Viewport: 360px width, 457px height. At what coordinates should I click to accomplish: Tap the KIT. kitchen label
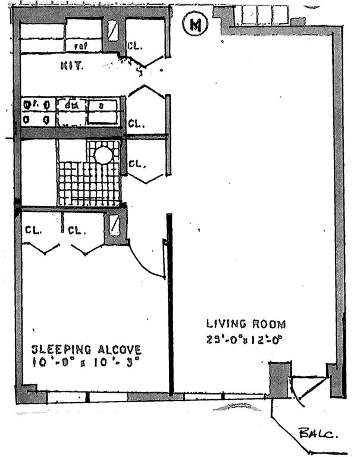71,65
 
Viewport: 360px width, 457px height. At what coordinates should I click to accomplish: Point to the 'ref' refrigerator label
79,46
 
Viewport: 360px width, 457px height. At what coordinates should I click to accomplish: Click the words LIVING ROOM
246,324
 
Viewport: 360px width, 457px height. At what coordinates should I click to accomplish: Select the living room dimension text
243,340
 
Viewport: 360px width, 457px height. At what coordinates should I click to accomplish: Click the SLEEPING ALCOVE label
86,349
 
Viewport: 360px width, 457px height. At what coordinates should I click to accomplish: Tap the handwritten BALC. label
318,434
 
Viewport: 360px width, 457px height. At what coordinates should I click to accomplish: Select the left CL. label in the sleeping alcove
32,230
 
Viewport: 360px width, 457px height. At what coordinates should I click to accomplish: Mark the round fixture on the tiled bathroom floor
104,155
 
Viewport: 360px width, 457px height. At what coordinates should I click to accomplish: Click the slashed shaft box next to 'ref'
112,30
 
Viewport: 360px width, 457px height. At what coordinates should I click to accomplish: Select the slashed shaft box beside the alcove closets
115,226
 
